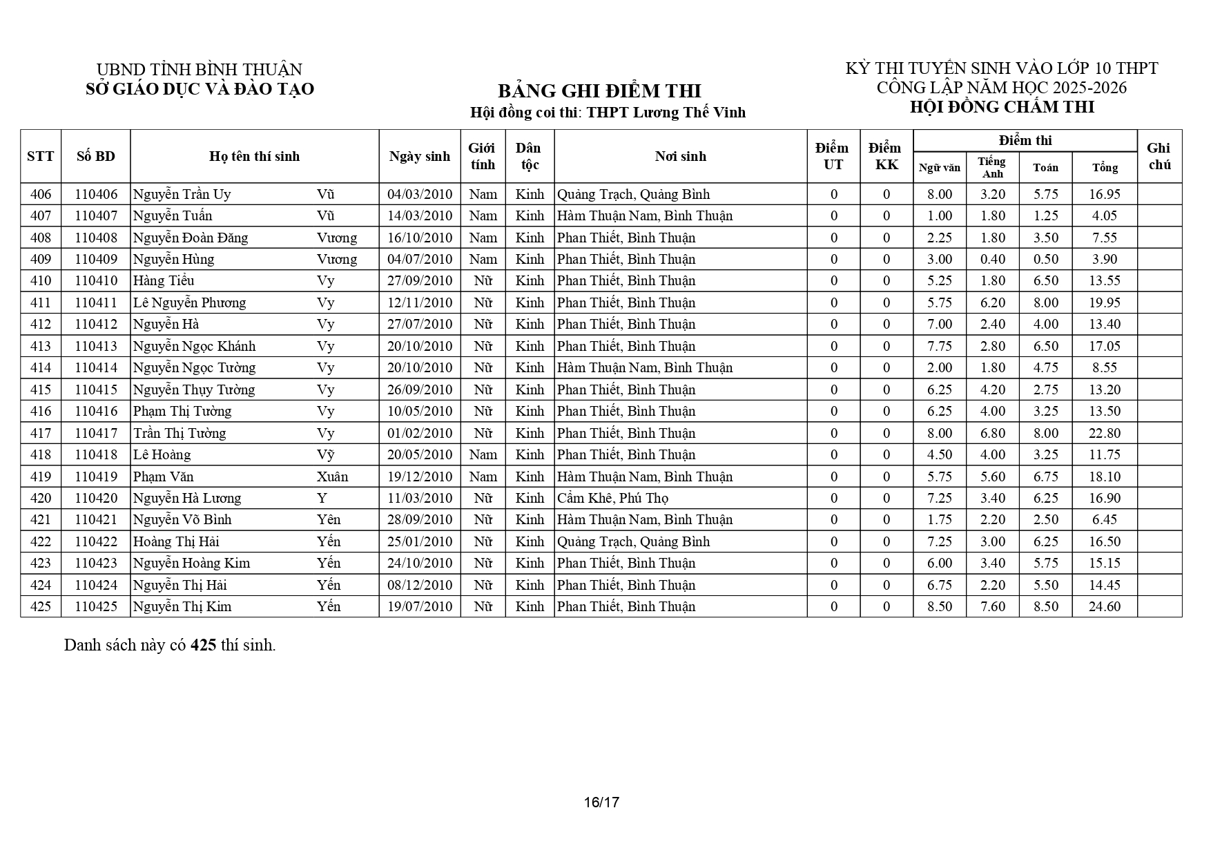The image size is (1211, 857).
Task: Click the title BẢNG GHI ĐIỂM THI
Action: click(599, 91)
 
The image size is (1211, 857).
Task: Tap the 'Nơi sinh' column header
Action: click(680, 156)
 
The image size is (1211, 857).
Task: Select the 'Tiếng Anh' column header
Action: click(992, 167)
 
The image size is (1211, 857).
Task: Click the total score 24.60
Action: click(1104, 606)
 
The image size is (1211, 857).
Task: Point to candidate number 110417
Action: click(96, 433)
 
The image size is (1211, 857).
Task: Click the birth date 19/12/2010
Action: click(420, 476)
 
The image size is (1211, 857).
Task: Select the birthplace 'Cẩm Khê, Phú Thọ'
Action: click(612, 498)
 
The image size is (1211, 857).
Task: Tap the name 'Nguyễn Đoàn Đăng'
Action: click(191, 238)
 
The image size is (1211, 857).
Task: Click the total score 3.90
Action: click(1104, 259)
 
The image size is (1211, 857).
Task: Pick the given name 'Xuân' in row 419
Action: click(332, 476)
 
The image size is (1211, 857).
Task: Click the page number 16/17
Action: click(601, 802)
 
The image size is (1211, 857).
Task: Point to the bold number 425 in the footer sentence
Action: click(204, 645)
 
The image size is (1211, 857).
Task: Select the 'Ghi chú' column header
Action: click(1159, 156)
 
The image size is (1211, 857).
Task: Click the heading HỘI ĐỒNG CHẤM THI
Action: click(1002, 107)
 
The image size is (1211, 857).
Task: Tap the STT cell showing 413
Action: click(41, 346)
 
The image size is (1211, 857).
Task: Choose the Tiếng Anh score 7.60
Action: click(992, 606)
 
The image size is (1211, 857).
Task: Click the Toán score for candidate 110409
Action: click(1045, 259)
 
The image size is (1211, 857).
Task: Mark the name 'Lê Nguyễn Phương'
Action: click(190, 302)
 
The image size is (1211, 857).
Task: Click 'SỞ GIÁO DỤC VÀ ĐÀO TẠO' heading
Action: click(200, 89)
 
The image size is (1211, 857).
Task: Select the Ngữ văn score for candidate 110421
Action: click(939, 519)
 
